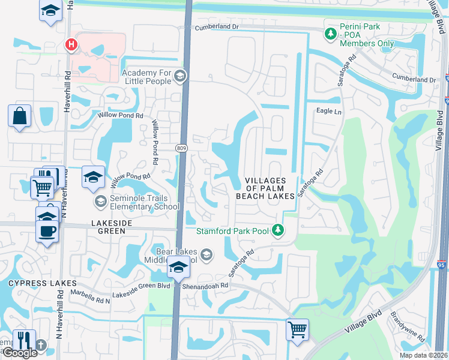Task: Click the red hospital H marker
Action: coord(71,44)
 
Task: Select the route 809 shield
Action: coord(181,147)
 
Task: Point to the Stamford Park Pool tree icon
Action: coord(277,230)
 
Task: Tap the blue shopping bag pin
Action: coord(19,115)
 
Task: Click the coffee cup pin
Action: coord(47,230)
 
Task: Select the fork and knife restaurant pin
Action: coord(24,340)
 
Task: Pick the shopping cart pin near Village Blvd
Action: coord(298,329)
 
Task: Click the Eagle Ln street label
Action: coord(328,112)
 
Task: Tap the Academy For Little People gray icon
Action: coord(181,76)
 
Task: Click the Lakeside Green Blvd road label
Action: coord(146,286)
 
